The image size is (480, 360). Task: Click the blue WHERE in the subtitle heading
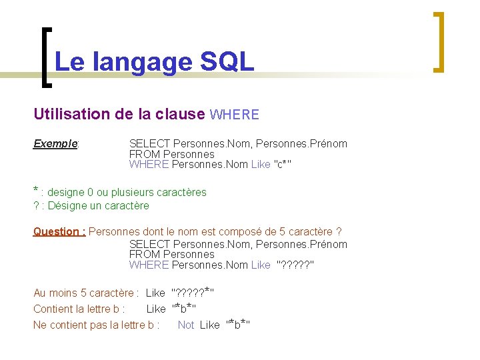tap(234, 115)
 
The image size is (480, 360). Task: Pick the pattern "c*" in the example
tap(283, 164)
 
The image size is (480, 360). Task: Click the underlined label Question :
tap(59, 231)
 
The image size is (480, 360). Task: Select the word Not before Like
tap(186, 325)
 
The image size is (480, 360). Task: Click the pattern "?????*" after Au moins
tap(193, 292)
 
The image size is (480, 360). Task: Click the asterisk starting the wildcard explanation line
tap(36, 190)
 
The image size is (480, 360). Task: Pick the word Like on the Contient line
tap(155, 309)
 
